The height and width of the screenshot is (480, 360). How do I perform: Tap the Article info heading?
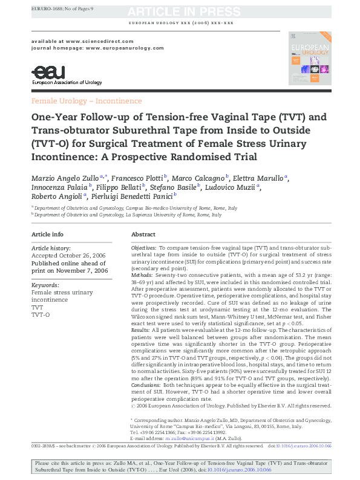tap(47, 234)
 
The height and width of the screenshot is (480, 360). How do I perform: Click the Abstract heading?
tap(143, 234)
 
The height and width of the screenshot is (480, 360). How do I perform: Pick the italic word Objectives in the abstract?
tap(143, 248)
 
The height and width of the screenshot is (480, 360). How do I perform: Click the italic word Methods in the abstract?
tap(142, 276)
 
